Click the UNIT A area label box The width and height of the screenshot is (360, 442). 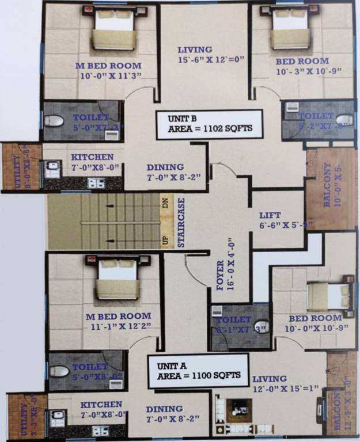[198, 371]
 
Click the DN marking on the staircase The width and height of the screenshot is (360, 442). [165, 203]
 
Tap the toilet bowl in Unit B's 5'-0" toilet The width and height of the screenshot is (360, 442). [54, 121]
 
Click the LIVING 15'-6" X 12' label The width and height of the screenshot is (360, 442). [195, 54]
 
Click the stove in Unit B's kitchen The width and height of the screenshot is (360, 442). [96, 183]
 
